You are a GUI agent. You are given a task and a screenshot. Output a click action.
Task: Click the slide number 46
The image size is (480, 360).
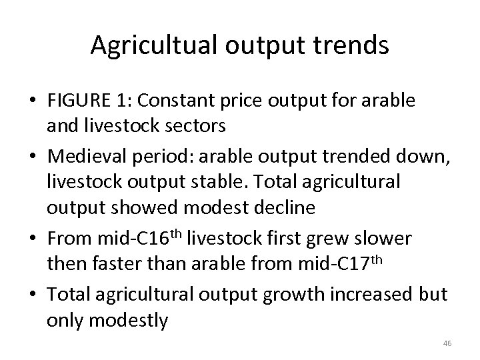[447, 343]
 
